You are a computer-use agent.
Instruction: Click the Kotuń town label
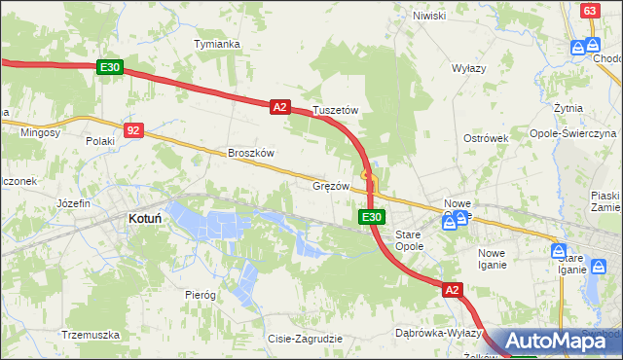click(144, 220)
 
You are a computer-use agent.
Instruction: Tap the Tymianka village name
click(216, 45)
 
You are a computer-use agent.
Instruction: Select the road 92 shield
click(134, 128)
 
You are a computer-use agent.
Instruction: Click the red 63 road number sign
click(589, 10)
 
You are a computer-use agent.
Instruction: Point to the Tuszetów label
click(335, 111)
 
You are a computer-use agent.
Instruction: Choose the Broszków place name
click(251, 153)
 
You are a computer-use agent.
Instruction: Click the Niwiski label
click(428, 16)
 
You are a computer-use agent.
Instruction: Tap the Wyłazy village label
click(468, 69)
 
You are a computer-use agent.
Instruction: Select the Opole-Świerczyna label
click(573, 133)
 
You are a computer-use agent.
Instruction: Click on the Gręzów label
click(331, 185)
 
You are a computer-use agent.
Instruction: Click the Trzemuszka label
click(90, 335)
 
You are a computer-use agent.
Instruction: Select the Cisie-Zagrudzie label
click(305, 339)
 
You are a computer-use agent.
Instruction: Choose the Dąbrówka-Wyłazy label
click(434, 333)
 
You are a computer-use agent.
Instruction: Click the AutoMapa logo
click(557, 341)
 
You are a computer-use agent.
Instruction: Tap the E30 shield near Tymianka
click(109, 67)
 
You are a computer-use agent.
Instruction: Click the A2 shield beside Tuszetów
click(279, 107)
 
